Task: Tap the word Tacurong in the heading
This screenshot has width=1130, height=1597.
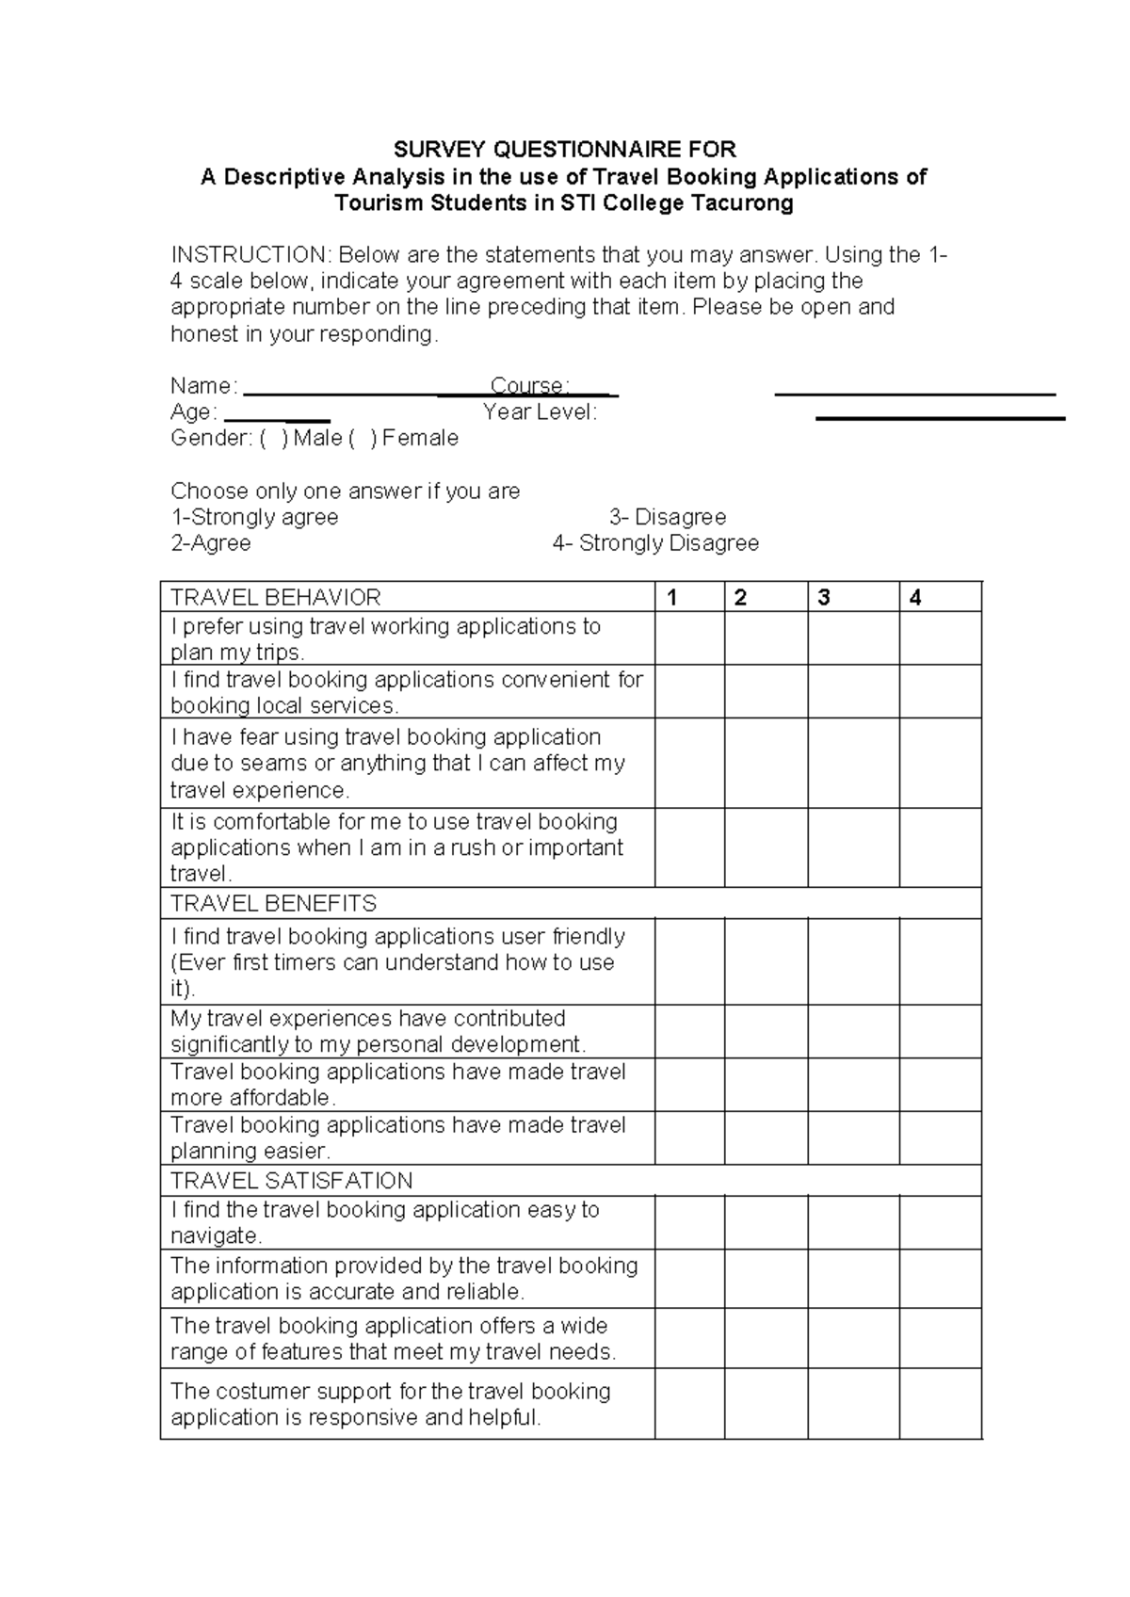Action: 743,203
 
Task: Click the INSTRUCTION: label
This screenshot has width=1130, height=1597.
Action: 250,255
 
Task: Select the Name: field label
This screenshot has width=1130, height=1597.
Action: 203,386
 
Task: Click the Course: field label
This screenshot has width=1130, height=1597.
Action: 529,386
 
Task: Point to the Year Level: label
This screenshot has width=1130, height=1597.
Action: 540,412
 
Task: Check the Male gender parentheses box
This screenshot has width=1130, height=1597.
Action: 274,439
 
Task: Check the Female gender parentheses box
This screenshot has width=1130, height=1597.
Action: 363,439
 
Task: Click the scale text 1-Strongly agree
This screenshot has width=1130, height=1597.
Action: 254,517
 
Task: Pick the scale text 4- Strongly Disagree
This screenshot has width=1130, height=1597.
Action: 655,543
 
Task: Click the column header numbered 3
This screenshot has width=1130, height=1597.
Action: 824,598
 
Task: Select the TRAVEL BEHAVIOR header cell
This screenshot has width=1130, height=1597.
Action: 276,598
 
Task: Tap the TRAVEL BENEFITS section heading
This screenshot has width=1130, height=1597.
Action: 273,904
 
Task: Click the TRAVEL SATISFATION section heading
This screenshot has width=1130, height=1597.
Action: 291,1181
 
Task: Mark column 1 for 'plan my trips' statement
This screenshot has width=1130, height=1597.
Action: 689,638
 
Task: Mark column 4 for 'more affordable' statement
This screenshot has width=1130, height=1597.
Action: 939,1085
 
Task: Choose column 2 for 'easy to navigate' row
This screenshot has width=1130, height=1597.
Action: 766,1222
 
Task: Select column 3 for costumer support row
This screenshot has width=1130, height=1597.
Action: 852,1404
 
